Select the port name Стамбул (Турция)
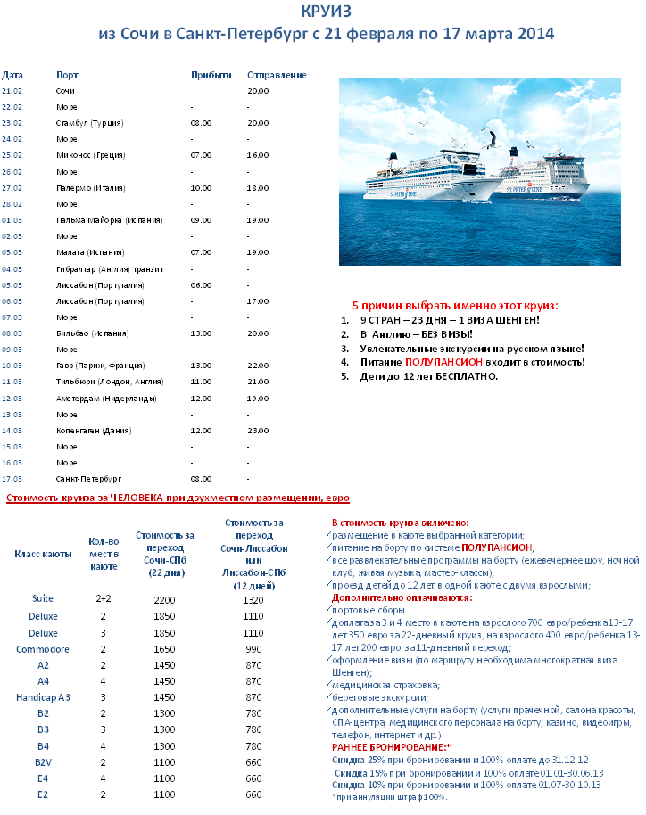pyautogui.click(x=89, y=122)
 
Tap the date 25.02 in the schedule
pyautogui.click(x=12, y=155)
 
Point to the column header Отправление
pyautogui.click(x=277, y=75)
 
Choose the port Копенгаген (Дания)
pyautogui.click(x=94, y=431)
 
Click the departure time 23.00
pyautogui.click(x=258, y=431)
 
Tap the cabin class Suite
pyautogui.click(x=43, y=598)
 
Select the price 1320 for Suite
pyautogui.click(x=254, y=600)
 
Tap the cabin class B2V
pyautogui.click(x=43, y=762)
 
